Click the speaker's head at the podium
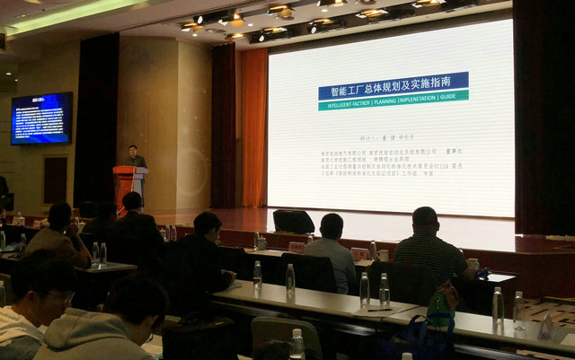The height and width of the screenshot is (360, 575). click(133, 151)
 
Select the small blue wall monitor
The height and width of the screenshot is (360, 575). click(41, 118)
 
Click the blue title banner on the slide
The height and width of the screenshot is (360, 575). click(393, 85)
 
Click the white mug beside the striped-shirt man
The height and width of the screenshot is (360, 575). click(473, 265)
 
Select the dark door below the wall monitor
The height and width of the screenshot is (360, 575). click(55, 180)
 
